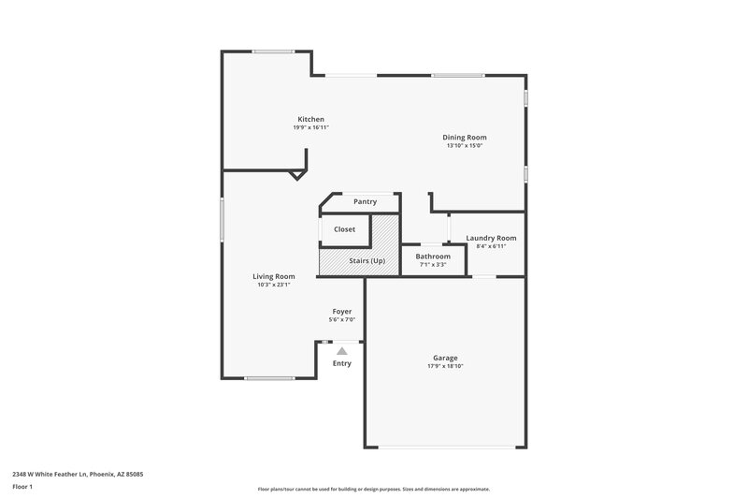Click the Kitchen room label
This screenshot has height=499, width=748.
[310, 119]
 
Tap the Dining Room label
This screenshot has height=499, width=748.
[465, 138]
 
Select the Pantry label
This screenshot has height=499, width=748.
[365, 201]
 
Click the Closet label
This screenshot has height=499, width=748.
[344, 229]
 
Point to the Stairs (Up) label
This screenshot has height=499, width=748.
[365, 260]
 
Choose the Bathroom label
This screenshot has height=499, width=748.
[433, 257]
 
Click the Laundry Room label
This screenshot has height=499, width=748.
[491, 238]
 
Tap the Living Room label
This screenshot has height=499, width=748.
[274, 276]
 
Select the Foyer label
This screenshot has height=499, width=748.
[342, 311]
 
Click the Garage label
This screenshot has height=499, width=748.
[445, 358]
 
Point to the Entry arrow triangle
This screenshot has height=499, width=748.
[342, 351]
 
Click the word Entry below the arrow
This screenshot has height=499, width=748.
[342, 363]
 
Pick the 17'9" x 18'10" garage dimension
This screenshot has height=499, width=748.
[445, 366]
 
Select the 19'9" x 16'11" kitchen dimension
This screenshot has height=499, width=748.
[310, 127]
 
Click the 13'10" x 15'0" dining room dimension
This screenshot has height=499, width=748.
[465, 146]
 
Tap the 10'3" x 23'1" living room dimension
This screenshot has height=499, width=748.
[274, 285]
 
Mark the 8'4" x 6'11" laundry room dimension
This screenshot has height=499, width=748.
[491, 246]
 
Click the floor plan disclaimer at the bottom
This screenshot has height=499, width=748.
[373, 489]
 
